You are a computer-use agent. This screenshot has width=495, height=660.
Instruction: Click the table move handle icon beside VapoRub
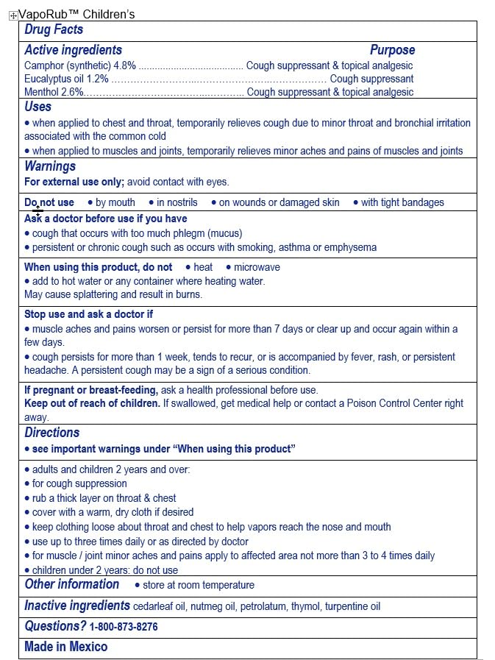pos(13,15)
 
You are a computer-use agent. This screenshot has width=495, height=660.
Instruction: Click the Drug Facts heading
pos(54,30)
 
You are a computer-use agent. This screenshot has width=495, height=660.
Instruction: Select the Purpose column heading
pos(392,50)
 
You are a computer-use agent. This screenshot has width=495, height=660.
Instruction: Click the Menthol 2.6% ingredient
pos(54,92)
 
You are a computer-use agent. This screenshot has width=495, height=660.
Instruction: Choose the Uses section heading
pos(38,107)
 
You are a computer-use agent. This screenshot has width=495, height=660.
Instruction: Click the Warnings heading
pos(50,166)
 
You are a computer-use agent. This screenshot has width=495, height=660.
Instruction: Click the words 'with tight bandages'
pos(402,202)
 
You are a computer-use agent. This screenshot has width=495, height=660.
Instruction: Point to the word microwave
pos(257,267)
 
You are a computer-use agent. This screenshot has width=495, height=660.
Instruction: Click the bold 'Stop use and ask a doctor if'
pos(88,314)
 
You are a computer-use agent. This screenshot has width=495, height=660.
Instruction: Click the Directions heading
pos(51,433)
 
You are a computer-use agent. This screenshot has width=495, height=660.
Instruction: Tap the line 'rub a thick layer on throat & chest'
pos(104,498)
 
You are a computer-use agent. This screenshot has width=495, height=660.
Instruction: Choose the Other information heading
pos(71,584)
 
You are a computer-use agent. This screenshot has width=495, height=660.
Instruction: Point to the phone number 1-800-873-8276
pos(124,628)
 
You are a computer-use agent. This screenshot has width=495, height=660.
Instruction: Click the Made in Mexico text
pos(65,647)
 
